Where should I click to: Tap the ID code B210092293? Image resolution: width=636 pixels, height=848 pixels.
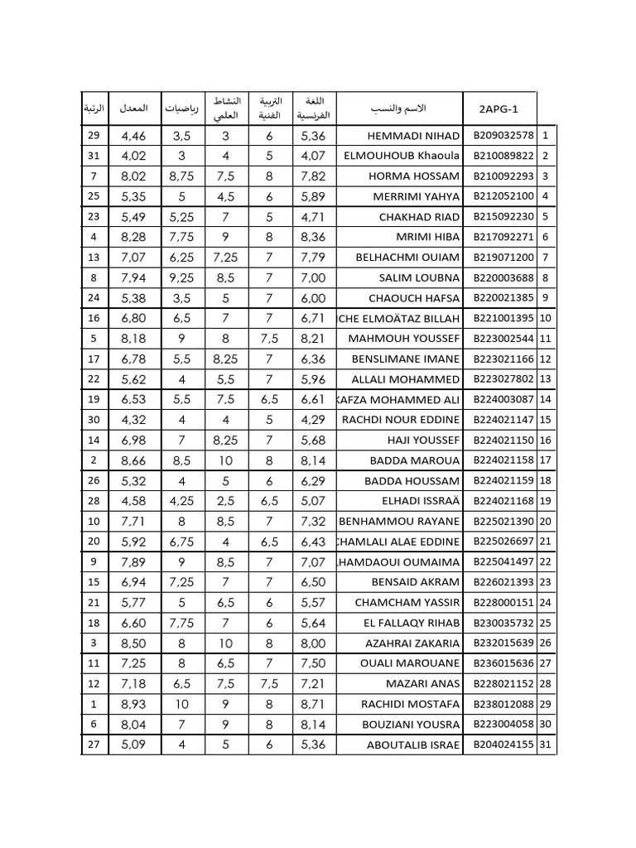tap(503, 176)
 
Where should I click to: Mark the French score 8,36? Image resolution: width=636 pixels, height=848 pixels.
tap(314, 237)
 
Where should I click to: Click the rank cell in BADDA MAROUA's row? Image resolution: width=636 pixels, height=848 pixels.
tap(94, 460)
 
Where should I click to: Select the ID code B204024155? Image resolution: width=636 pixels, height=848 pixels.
tap(503, 744)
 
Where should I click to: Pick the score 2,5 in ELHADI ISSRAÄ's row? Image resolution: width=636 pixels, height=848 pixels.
tap(225, 501)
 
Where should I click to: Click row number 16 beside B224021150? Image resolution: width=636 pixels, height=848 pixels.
tap(546, 441)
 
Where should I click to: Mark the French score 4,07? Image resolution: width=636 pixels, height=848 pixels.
tap(314, 156)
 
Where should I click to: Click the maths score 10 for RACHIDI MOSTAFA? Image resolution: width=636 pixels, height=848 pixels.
tap(181, 704)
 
